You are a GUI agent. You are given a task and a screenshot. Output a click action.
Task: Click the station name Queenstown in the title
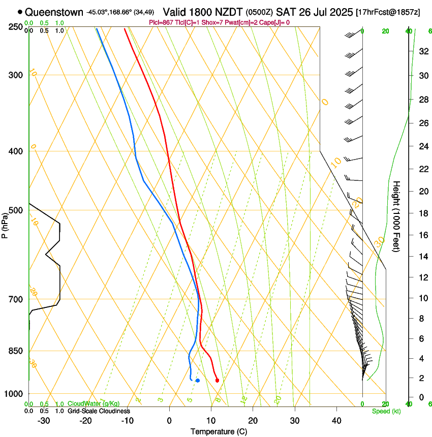54,12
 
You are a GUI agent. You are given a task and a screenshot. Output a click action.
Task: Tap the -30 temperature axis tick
44,421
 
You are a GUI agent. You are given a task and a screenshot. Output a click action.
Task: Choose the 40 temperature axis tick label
336,421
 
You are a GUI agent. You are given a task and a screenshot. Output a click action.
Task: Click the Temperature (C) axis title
219,431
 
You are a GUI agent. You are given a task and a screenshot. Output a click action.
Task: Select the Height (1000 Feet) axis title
396,216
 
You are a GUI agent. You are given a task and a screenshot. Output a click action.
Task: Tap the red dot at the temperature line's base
217,381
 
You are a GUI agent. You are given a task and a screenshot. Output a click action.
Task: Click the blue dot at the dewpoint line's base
197,381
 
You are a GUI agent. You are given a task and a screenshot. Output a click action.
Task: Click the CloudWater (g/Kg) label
94,403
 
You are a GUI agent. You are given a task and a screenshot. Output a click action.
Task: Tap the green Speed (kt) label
386,411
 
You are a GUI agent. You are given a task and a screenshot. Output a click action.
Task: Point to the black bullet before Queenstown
20,12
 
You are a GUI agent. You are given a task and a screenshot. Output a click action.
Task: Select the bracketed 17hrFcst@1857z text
388,12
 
